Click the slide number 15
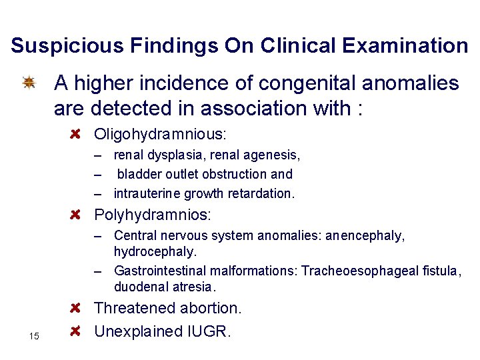pyautogui.click(x=34, y=336)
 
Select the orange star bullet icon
pyautogui.click(x=29, y=83)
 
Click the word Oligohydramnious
pyautogui.click(x=160, y=135)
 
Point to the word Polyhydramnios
pyautogui.click(x=153, y=215)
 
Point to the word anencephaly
pyautogui.click(x=365, y=236)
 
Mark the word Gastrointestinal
pyautogui.click(x=161, y=271)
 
